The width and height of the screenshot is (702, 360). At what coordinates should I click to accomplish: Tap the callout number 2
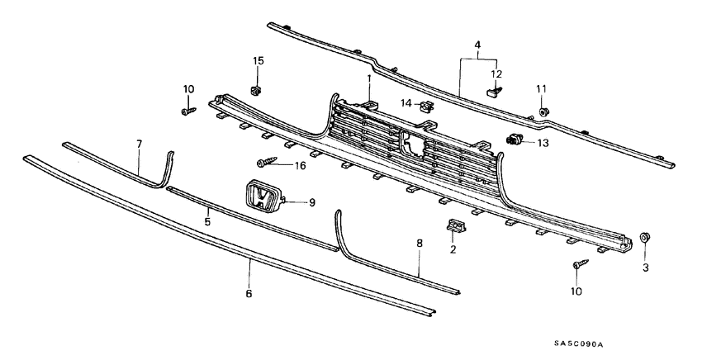point(453,249)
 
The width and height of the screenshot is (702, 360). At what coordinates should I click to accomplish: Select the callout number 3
point(646,268)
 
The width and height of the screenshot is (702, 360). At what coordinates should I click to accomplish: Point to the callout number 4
point(477,44)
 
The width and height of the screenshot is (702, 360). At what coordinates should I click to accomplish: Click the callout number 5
point(208,222)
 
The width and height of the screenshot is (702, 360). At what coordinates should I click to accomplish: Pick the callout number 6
point(249,292)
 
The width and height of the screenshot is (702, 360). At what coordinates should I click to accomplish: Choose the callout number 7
point(139,144)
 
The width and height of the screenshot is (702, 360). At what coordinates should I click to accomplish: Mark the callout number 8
point(419,244)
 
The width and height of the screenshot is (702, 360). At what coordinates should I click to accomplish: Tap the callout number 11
point(542,88)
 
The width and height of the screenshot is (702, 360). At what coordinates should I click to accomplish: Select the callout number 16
point(299,165)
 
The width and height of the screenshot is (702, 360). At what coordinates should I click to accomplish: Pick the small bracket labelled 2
point(454,225)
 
